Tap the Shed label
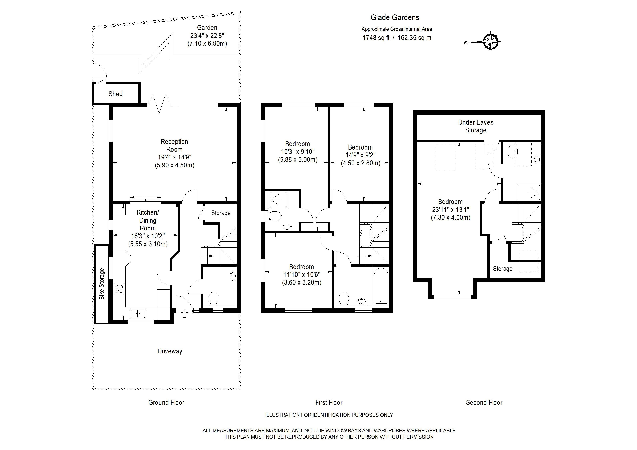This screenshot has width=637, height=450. [x=115, y=94]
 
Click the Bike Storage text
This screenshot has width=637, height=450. [x=102, y=284]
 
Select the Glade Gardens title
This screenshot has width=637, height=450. [x=395, y=17]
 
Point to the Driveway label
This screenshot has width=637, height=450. [x=170, y=351]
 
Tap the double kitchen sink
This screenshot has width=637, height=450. [x=138, y=314]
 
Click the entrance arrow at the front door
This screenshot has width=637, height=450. [x=184, y=314]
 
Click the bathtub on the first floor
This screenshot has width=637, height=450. [x=381, y=286]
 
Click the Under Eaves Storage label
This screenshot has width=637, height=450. [x=476, y=126]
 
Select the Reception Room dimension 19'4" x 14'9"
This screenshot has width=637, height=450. [x=175, y=157]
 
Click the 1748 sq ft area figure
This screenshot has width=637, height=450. [x=376, y=38]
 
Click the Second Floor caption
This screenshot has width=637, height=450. [x=484, y=403]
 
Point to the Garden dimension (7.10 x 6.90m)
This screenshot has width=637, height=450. [x=207, y=44]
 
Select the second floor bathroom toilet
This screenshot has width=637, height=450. [x=513, y=151]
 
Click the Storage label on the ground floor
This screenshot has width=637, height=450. [x=221, y=213]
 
